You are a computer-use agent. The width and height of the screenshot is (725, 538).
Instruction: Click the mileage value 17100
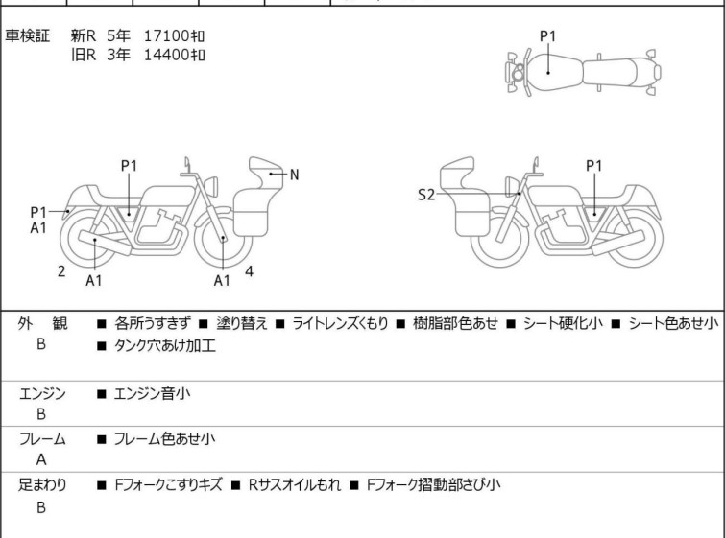(166, 36)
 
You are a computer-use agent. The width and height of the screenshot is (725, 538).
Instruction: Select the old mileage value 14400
(166, 55)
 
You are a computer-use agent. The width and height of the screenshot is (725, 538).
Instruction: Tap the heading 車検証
(28, 36)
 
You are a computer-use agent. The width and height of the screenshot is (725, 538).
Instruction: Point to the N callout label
(294, 175)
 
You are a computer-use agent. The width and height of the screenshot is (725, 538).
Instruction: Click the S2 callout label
(426, 196)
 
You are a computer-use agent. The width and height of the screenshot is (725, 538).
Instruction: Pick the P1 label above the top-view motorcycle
(547, 36)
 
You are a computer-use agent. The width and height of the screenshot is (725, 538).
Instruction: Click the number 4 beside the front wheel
(249, 271)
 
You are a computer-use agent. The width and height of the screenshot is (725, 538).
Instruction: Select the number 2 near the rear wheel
(61, 271)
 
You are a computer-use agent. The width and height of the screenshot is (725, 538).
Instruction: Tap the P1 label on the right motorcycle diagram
(594, 165)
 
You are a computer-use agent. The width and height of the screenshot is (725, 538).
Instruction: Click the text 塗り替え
(241, 324)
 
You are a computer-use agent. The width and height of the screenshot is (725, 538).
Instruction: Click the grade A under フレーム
(41, 460)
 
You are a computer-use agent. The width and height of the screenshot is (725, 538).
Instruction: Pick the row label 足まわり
(42, 485)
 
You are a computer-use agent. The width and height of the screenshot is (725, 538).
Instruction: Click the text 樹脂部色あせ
(452, 324)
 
